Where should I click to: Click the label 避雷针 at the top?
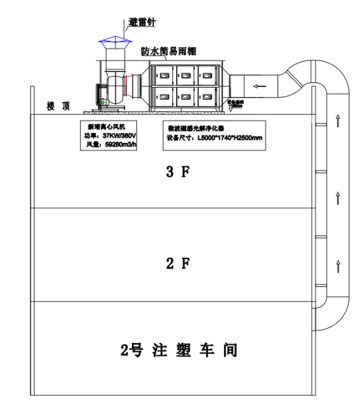(x=142, y=23)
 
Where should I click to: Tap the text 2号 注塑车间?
(x=179, y=351)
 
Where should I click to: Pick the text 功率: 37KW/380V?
(x=110, y=135)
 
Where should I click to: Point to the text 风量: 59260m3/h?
(x=110, y=144)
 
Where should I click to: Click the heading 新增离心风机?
(x=105, y=127)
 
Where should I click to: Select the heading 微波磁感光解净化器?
(x=195, y=128)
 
